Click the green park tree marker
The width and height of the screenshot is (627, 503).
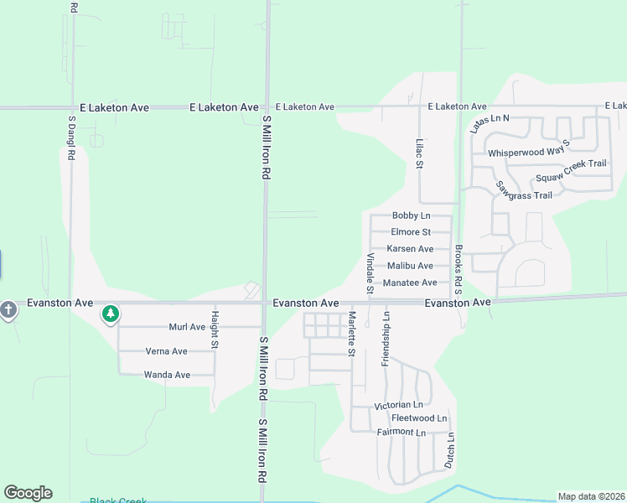coord(110,314)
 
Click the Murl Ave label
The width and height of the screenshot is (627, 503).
coord(187,327)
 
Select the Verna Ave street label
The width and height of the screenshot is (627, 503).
coord(166,351)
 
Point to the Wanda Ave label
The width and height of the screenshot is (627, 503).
coord(167,375)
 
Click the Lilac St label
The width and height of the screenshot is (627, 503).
coord(418,153)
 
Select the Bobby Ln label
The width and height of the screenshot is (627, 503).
coord(411,215)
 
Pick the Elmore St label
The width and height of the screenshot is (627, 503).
coord(411,232)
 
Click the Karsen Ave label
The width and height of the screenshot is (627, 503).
coord(410,249)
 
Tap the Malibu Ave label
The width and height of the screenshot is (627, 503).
coord(410,266)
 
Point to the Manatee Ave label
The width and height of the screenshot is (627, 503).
coord(410,283)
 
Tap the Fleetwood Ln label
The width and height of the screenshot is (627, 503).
coord(419,418)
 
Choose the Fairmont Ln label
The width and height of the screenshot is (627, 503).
coord(402,432)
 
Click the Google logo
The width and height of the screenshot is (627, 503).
coord(28,493)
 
